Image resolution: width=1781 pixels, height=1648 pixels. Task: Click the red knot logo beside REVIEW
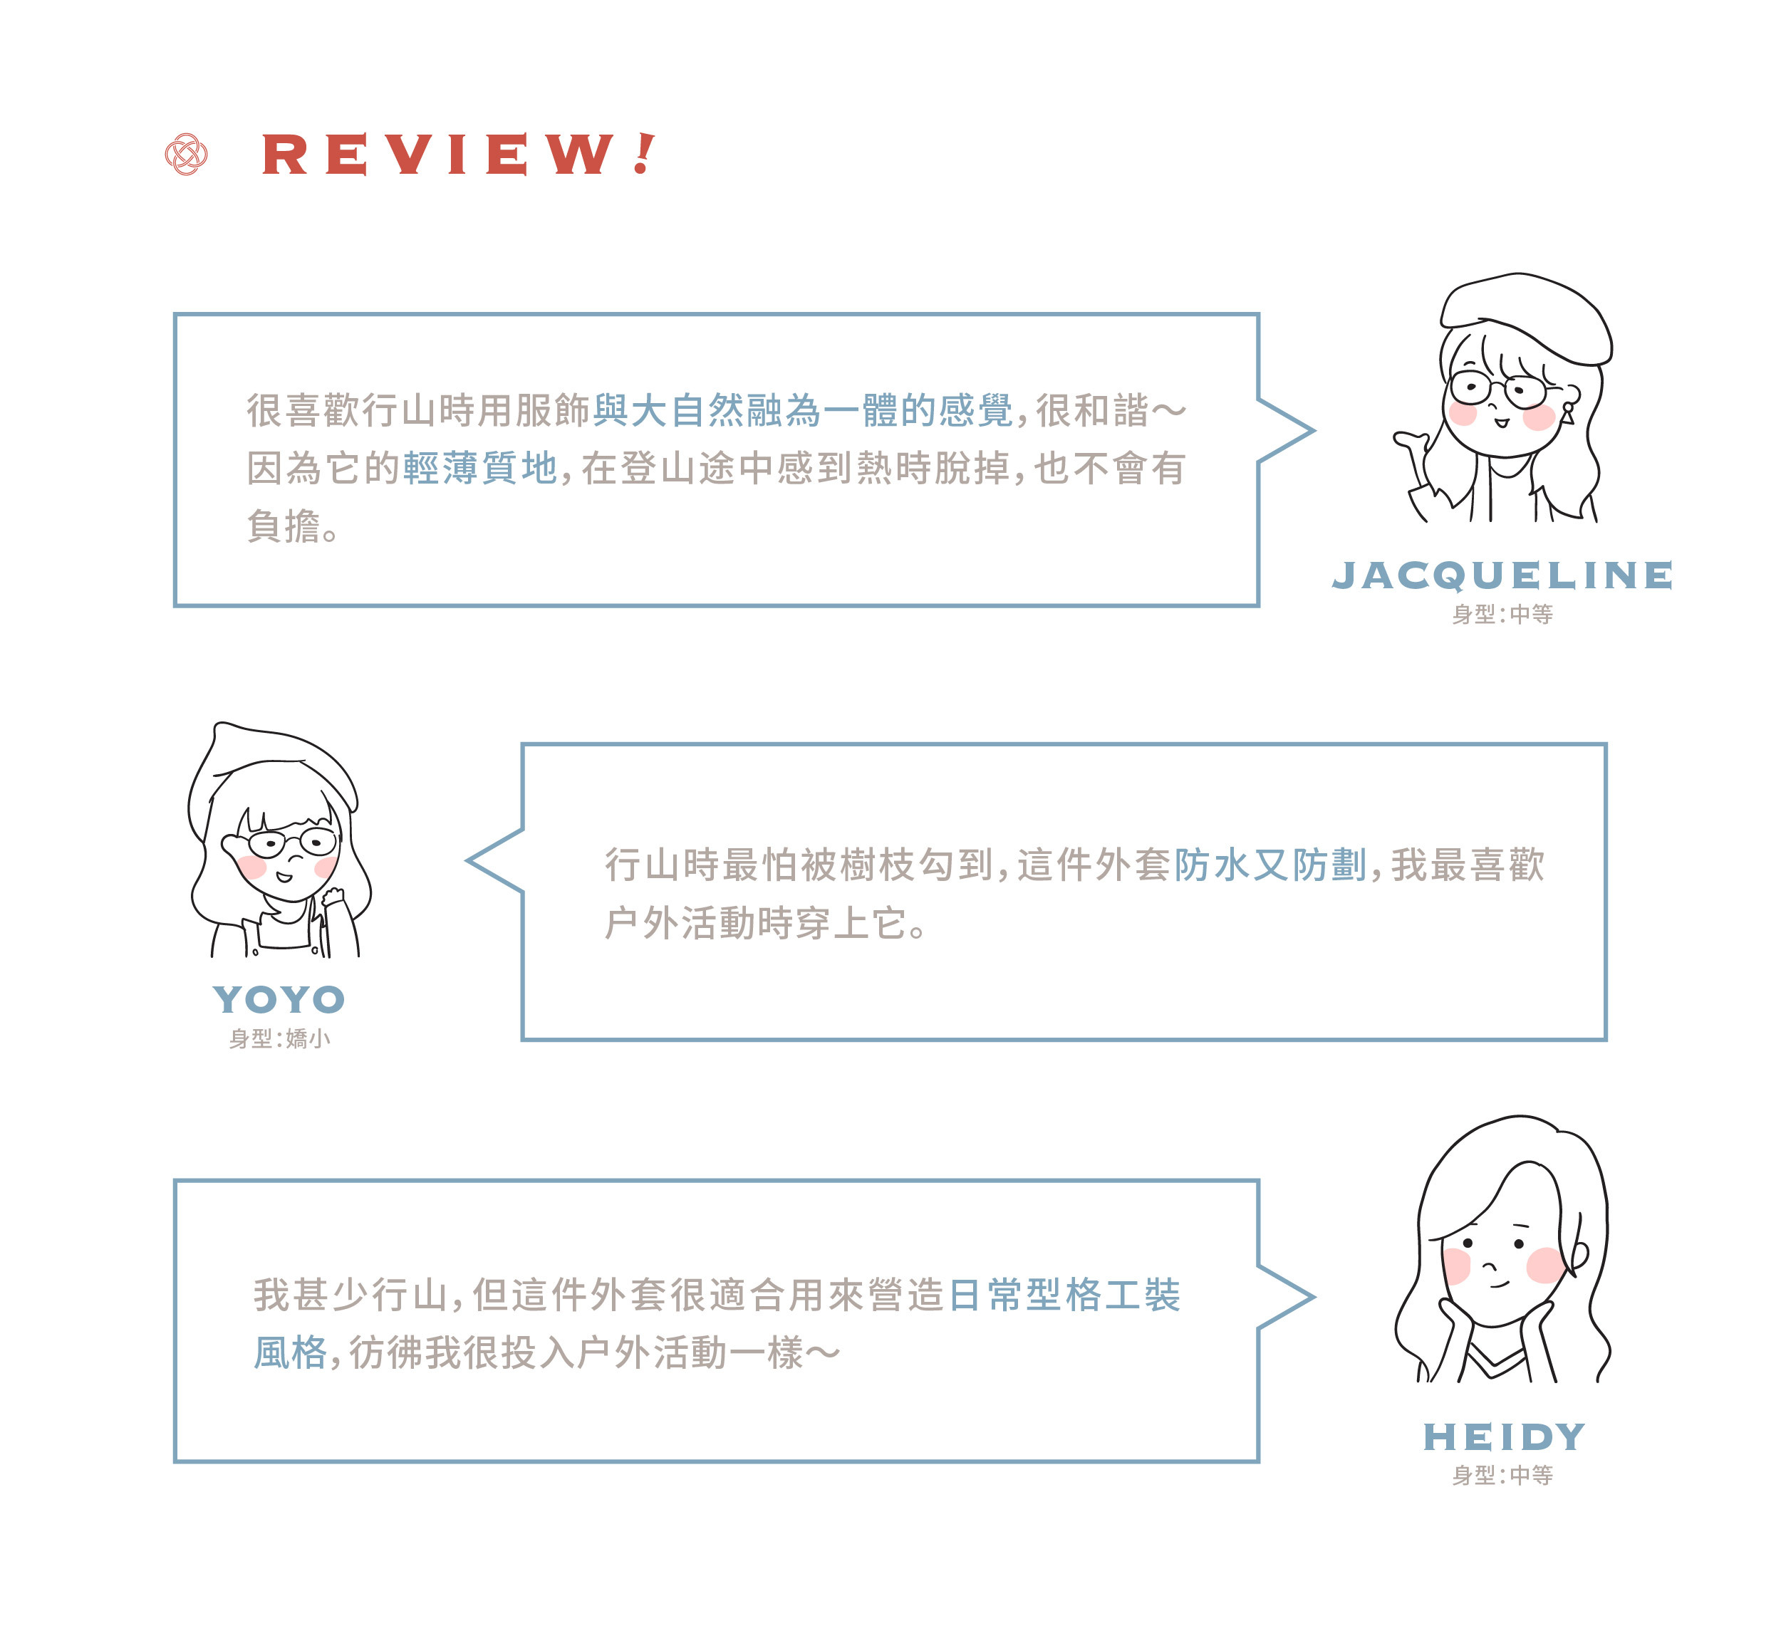[x=187, y=155]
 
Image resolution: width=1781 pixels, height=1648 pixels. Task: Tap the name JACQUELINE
[x=1502, y=575]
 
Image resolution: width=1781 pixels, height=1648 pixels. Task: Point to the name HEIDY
[x=1504, y=1436]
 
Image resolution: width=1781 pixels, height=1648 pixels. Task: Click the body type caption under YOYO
[x=279, y=1039]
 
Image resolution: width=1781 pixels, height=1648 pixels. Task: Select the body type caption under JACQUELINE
[x=1502, y=615]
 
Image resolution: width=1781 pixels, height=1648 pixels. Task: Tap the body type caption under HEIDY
[x=1502, y=1476]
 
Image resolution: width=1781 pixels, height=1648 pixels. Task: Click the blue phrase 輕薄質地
[x=480, y=468]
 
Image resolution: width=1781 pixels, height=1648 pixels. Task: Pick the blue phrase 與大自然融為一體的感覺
[x=803, y=411]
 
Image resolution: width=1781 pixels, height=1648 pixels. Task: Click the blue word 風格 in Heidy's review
[x=291, y=1353]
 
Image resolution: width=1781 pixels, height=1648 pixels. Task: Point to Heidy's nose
[x=1488, y=1266]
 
